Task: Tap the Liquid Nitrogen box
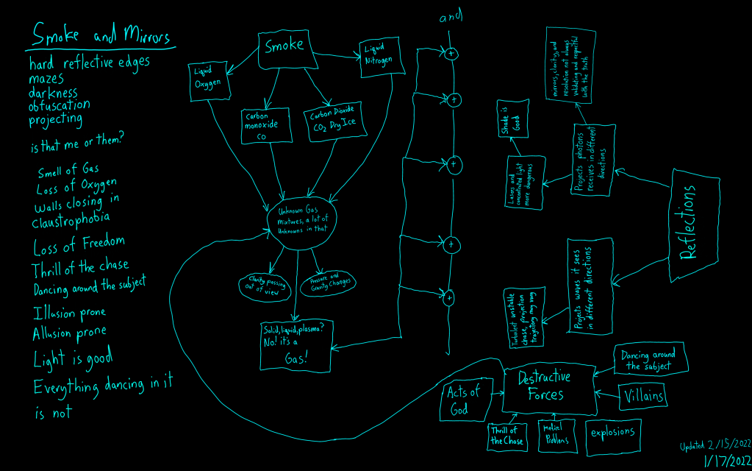(x=382, y=57)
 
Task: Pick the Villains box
(x=644, y=396)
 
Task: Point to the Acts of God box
(x=463, y=401)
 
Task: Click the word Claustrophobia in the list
(x=71, y=219)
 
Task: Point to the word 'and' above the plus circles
(x=451, y=18)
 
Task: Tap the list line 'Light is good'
(x=73, y=359)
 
